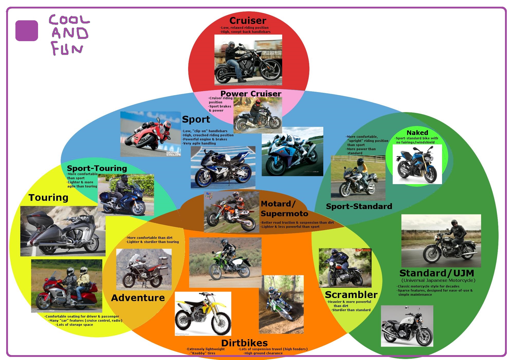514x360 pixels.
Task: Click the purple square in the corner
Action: pos(27,31)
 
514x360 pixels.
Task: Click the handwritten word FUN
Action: pos(67,49)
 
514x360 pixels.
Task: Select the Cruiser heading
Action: pos(248,21)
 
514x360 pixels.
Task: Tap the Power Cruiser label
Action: pos(251,94)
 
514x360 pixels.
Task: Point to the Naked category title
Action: pos(417,133)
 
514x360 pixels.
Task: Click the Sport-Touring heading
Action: pos(97,168)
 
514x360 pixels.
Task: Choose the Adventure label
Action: pos(138,298)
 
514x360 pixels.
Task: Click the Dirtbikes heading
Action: pos(244,343)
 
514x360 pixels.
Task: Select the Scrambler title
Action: pos(351,295)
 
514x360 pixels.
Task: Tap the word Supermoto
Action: pos(284,214)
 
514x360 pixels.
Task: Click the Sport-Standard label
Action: pos(359,206)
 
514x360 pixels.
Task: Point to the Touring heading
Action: pos(48,197)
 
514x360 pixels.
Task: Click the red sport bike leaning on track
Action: pos(151,134)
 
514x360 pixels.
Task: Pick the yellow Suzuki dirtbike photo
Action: pos(203,313)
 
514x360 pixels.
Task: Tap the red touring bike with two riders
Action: pos(67,286)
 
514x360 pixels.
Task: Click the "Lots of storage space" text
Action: pos(75,325)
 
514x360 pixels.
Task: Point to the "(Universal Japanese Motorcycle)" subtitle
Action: pos(438,280)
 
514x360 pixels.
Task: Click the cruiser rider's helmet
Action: pos(231,45)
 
